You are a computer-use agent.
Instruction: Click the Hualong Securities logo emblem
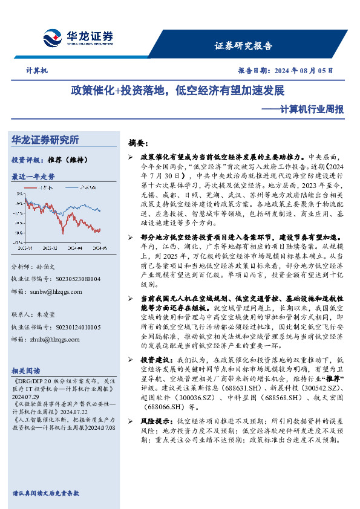pyautogui.click(x=52, y=39)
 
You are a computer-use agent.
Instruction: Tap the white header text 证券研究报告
pyautogui.click(x=243, y=46)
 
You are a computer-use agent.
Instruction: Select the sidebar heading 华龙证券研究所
pyautogui.click(x=45, y=140)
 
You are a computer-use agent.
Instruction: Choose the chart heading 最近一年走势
pyautogui.click(x=33, y=177)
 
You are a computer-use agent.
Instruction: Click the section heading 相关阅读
pyautogui.click(x=26, y=371)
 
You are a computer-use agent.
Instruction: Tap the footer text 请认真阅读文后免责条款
pyautogui.click(x=45, y=493)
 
